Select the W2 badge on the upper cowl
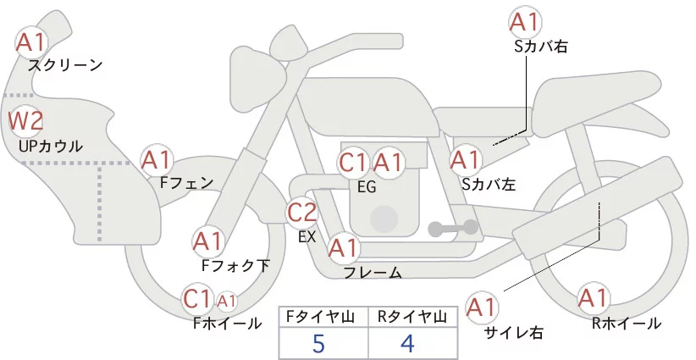pos(25,121)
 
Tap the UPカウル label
pos(50,147)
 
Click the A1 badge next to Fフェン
pos(157,159)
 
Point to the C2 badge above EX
pos(302,213)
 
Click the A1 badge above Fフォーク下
pos(208,242)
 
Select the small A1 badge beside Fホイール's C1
pos(227,300)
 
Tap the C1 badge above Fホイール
pos(198,298)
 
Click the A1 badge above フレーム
pos(343,248)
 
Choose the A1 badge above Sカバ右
pos(524,21)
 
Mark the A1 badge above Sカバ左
pos(465,159)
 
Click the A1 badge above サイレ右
pos(483,306)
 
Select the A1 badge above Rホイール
pos(593,298)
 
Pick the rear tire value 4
pos(407,343)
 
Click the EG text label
pos(367,187)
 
